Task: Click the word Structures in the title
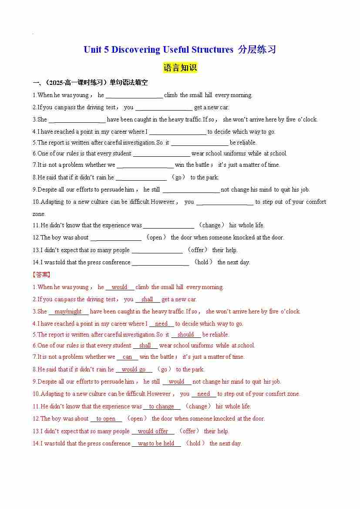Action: coord(211,50)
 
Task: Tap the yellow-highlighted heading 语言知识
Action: coord(180,68)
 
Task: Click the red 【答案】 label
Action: coord(41,275)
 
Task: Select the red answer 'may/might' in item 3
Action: coord(68,311)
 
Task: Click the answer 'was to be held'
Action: coord(156,443)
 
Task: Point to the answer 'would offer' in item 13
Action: coord(153,431)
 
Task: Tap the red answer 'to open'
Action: coord(106,418)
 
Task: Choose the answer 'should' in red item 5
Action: coord(185,334)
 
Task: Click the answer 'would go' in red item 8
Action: coord(134,369)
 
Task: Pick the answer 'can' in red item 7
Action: coord(127,357)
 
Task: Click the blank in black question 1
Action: coord(134,95)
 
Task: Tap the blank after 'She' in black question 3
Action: coord(77,120)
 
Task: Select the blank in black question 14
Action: coord(160,263)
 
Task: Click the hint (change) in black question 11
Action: coord(212,225)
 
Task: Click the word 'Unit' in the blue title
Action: coord(92,50)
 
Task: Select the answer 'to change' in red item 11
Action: coord(161,406)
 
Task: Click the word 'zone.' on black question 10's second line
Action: coord(39,214)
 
